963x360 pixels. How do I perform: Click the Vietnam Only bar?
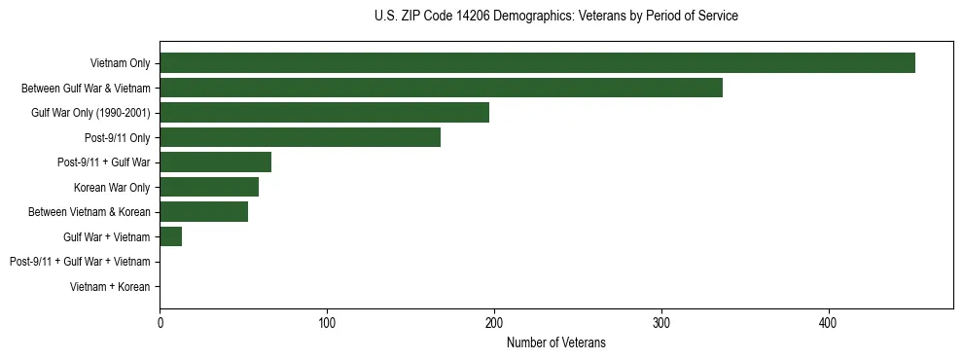click(x=537, y=63)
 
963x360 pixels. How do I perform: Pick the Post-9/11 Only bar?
click(x=300, y=137)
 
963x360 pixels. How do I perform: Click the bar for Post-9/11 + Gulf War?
click(x=215, y=162)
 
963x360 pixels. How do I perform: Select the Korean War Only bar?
click(x=209, y=187)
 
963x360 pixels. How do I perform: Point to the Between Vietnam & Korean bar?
click(x=203, y=211)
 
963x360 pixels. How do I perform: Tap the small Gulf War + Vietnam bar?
click(x=170, y=236)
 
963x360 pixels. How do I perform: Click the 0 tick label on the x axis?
click(x=160, y=321)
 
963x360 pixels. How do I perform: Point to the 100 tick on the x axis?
click(x=327, y=321)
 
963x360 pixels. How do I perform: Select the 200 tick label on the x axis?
click(x=494, y=321)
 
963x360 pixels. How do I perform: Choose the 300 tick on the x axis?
click(x=661, y=321)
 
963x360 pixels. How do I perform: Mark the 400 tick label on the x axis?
click(x=828, y=321)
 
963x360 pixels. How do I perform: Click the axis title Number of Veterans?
click(x=555, y=342)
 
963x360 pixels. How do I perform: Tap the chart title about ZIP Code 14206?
click(x=555, y=17)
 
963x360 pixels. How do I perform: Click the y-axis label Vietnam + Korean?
click(x=110, y=286)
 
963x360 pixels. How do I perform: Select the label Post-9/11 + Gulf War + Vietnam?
click(x=80, y=262)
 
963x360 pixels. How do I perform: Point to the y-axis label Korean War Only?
click(x=112, y=187)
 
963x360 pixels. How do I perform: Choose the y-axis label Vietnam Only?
click(x=120, y=63)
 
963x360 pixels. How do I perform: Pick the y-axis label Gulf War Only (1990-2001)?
click(x=90, y=113)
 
